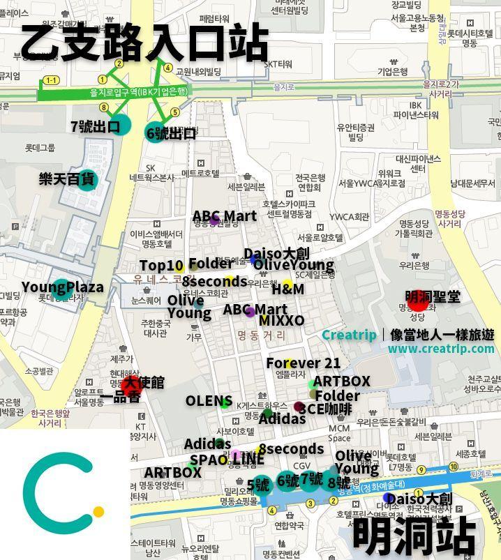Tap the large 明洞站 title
[x=414, y=535]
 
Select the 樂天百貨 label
[x=66, y=179]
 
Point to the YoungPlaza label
[x=62, y=287]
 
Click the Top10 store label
[x=161, y=266]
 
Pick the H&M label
[x=287, y=289]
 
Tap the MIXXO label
[x=281, y=320]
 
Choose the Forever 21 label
[x=303, y=363]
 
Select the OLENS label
[x=207, y=401]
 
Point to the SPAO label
[x=209, y=460]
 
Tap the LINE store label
[x=248, y=460]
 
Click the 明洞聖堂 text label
[x=433, y=296]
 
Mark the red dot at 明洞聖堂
[x=417, y=302]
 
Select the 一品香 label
[x=119, y=398]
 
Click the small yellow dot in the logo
[x=98, y=512]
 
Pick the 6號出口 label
[x=171, y=133]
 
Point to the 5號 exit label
[x=258, y=485]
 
